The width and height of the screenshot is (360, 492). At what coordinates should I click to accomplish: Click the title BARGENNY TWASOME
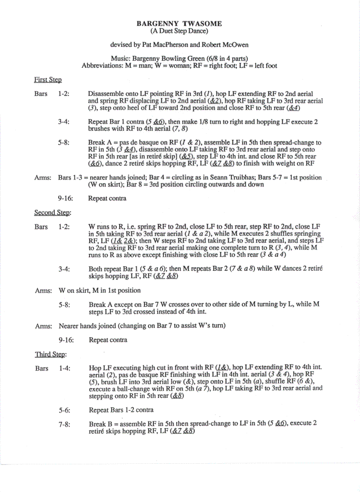[x=179, y=24]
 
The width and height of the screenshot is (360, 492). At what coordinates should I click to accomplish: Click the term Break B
[x=103, y=423]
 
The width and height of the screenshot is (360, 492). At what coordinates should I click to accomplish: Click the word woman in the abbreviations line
[x=159, y=65]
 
